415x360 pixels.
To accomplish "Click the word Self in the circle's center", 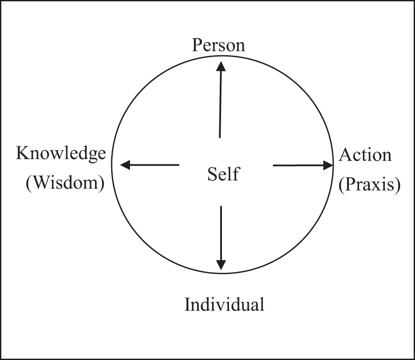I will pos(223,174).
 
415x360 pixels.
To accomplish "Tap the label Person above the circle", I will pos(218,45).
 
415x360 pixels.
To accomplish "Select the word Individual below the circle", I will pos(224,304).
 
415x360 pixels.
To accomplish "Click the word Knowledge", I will pos(61,154).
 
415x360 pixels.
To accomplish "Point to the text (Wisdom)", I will pos(65,184).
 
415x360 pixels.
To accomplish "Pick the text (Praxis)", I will pos(369,185).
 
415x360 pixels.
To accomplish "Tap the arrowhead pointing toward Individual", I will pos(222,265).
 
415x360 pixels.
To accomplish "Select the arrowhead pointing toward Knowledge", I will pos(125,165).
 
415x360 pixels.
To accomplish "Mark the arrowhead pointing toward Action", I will pos(328,165).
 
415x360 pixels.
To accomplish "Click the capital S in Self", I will pos(212,174).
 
